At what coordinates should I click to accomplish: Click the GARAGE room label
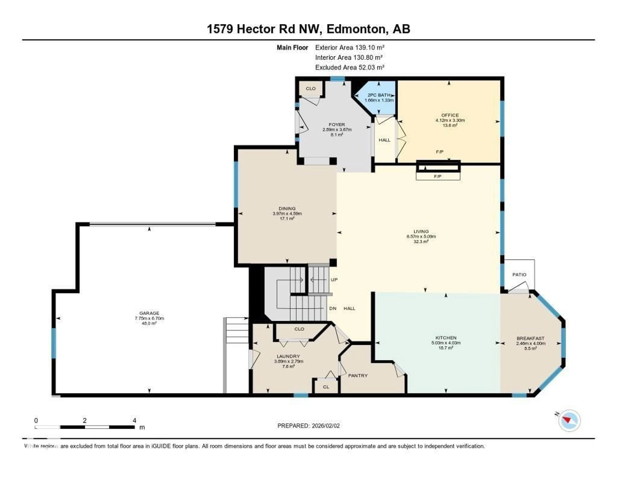tap(149, 313)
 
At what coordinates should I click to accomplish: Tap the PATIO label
tap(519, 275)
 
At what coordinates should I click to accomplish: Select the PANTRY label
tap(358, 376)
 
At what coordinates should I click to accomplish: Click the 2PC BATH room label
tap(379, 95)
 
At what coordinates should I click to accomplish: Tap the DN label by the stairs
tap(332, 308)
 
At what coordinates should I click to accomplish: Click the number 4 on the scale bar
tap(134, 420)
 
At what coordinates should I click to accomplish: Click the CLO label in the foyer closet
tap(310, 88)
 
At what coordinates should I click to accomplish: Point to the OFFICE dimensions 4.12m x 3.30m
tap(450, 120)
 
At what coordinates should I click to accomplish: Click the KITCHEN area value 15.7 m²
tap(446, 348)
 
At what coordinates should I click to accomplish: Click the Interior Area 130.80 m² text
tap(349, 57)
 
